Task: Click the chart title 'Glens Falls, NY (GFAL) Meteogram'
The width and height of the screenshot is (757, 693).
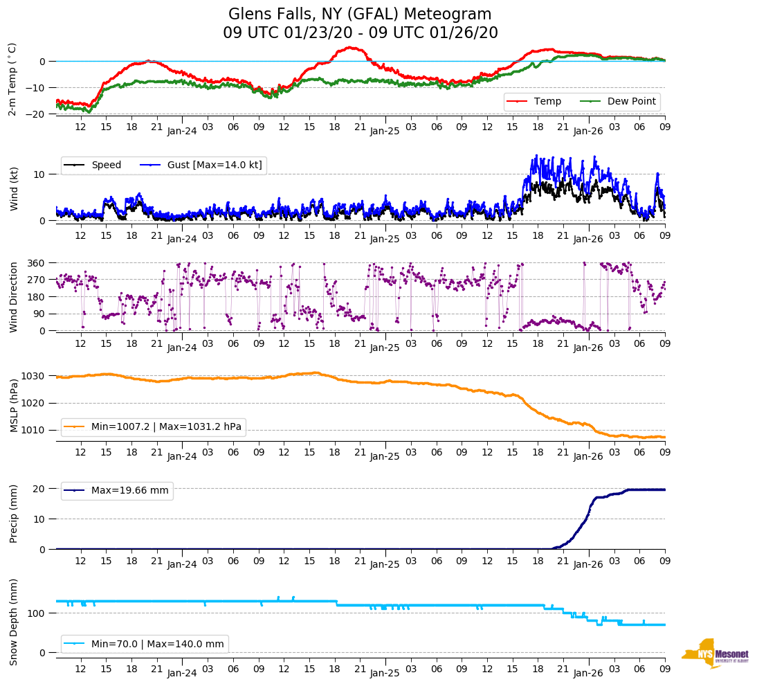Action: (360, 15)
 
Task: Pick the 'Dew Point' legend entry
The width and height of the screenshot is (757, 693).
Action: (631, 102)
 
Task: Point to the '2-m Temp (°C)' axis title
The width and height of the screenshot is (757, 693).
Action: (12, 78)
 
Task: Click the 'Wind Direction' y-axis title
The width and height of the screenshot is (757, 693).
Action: (13, 297)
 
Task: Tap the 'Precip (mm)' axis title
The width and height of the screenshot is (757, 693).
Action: (13, 515)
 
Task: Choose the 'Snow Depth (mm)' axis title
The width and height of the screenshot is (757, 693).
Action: (13, 622)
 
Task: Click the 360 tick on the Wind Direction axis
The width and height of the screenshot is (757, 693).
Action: (36, 263)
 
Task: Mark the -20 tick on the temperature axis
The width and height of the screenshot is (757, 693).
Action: (36, 114)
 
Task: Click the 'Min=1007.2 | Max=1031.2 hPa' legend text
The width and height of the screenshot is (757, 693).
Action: (166, 427)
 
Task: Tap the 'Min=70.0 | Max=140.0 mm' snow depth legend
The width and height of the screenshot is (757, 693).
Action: (157, 645)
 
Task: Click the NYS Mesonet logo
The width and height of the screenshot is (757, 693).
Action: (715, 654)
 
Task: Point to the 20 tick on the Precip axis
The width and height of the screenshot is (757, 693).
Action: (39, 489)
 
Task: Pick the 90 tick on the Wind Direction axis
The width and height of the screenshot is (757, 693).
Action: (39, 314)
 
